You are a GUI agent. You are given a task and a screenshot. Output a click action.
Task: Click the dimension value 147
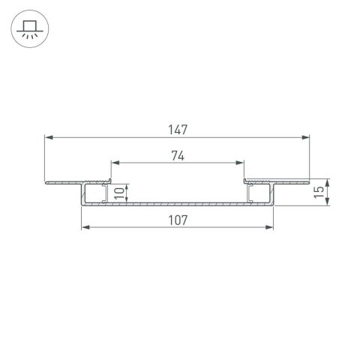177,129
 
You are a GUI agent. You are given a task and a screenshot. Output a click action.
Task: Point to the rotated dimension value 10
118,193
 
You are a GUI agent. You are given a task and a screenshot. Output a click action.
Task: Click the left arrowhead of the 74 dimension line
115,163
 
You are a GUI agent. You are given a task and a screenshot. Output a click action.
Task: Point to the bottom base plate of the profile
177,203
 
